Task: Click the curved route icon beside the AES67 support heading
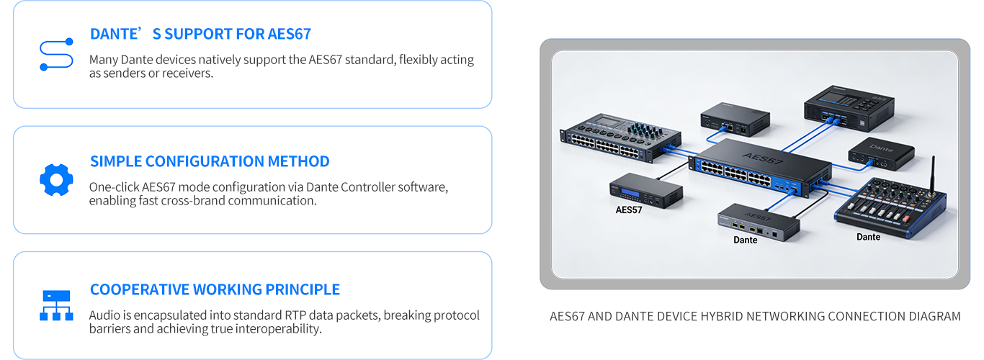[x=56, y=55]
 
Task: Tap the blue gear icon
[x=56, y=179]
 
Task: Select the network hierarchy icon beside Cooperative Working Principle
[x=56, y=305]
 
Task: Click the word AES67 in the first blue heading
[x=289, y=34]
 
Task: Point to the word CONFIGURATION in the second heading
[x=205, y=161]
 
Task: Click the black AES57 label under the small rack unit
[x=629, y=210]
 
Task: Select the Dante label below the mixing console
[x=868, y=237]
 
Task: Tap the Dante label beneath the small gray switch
[x=745, y=240]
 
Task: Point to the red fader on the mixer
[x=905, y=218]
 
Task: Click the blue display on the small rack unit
[x=630, y=193]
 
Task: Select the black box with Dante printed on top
[x=881, y=154]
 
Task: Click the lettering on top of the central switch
[x=763, y=158]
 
